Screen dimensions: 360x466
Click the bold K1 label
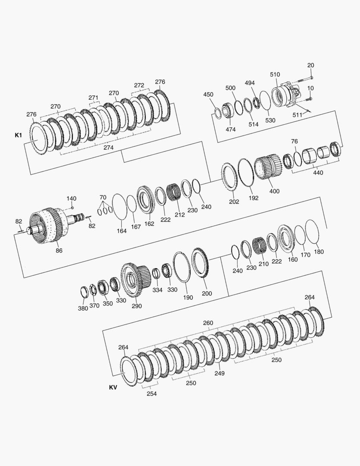click(x=19, y=135)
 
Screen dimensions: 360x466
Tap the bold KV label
click(x=113, y=387)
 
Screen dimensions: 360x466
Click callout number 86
click(x=59, y=251)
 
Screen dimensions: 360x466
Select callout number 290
click(x=137, y=306)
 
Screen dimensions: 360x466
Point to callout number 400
click(x=274, y=191)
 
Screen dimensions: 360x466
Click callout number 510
click(x=275, y=74)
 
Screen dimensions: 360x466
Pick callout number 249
click(x=219, y=373)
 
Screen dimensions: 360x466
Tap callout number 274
click(x=108, y=148)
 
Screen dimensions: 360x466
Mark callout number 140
click(x=71, y=198)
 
